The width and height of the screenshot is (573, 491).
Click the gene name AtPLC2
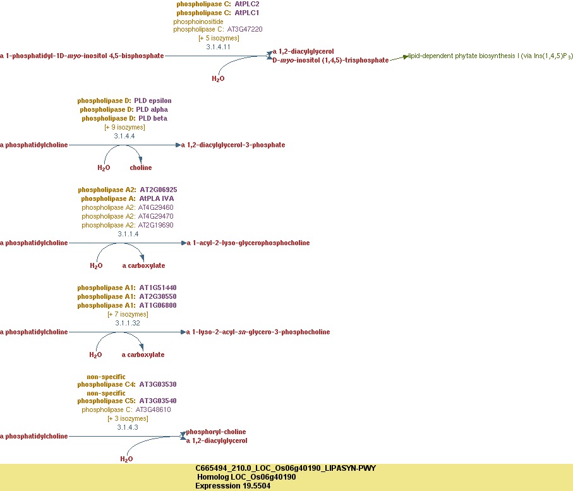coord(246,4)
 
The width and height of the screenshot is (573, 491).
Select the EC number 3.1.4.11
coord(218,47)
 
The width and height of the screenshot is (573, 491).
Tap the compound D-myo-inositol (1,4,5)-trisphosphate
coord(330,60)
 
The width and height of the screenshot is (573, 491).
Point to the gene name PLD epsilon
coord(152,100)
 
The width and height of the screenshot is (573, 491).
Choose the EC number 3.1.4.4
coord(124,136)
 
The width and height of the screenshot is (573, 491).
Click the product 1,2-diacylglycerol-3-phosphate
coord(233,145)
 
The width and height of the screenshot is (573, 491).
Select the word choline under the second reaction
coord(141,167)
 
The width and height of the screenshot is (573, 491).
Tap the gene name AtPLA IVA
coord(156,198)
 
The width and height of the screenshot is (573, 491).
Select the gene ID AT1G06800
coord(158,305)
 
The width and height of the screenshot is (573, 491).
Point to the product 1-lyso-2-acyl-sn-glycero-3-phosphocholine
coord(258,332)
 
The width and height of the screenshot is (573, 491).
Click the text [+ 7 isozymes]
coord(127,314)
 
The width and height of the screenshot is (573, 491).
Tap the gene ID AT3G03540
coord(158,401)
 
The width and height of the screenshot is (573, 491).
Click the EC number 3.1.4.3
coord(127,427)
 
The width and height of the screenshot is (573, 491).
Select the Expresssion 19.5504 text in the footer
coord(233,486)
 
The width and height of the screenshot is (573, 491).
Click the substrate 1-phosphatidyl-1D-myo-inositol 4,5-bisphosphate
coord(82,56)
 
